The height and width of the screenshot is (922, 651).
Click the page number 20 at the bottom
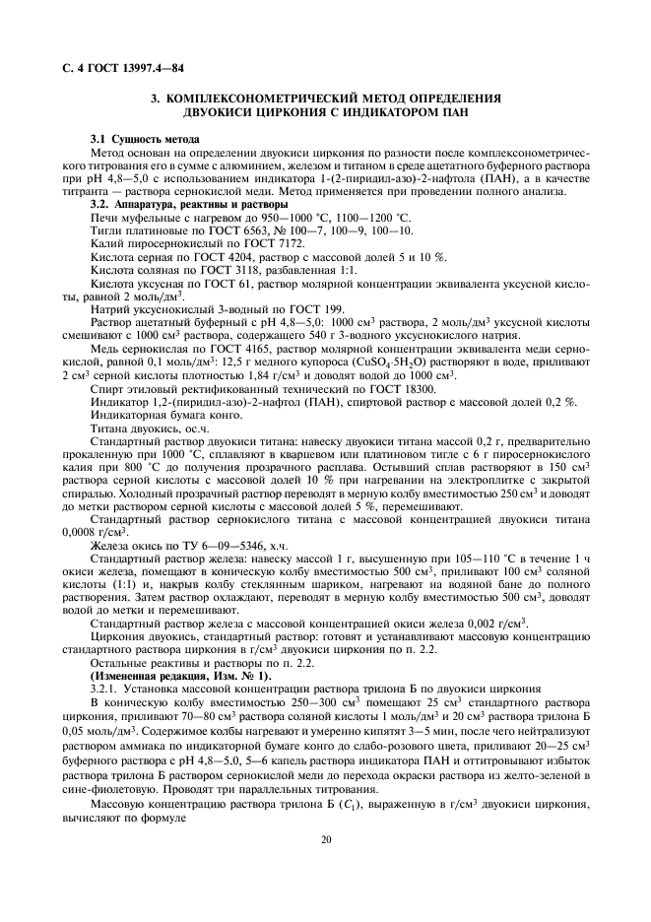tap(325, 839)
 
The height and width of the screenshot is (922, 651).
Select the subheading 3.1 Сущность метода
tap(145, 141)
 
